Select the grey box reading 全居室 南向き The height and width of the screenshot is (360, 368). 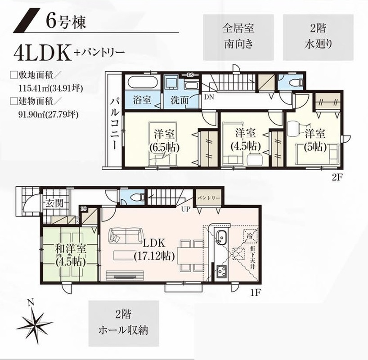[238, 37]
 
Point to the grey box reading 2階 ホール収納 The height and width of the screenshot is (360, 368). [123, 322]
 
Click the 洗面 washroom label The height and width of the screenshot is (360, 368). [179, 100]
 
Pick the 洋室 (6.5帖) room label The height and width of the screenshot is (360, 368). [165, 140]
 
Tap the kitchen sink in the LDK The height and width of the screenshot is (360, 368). [221, 237]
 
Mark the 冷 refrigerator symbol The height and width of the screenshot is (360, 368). [249, 235]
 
